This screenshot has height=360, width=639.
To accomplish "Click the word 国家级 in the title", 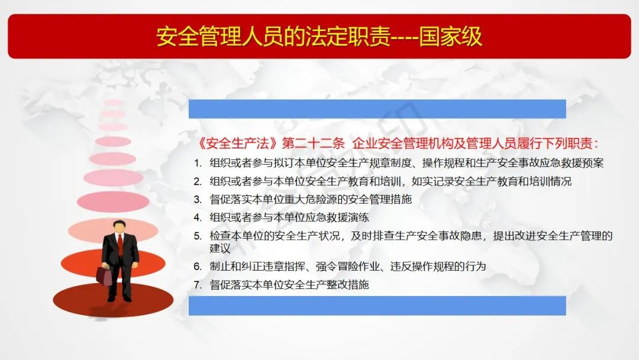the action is click(x=451, y=37).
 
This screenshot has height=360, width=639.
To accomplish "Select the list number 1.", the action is click(x=198, y=163).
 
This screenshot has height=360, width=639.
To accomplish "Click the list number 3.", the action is click(x=198, y=200).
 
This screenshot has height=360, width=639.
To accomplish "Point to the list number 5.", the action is click(x=198, y=236).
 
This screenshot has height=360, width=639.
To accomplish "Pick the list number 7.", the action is click(x=198, y=285).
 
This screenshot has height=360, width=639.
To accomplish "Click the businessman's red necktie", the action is click(x=120, y=244).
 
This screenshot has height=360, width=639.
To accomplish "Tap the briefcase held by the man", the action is click(x=104, y=275).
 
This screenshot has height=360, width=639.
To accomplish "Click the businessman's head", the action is click(x=119, y=227).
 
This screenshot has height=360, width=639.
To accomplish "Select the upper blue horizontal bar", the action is click(x=377, y=109).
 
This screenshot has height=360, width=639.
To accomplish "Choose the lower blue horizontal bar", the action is click(x=377, y=306).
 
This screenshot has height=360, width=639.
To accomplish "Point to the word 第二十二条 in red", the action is click(x=314, y=143).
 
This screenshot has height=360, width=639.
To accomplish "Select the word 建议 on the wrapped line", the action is click(x=220, y=248).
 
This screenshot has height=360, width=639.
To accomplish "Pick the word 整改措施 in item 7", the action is click(x=348, y=285).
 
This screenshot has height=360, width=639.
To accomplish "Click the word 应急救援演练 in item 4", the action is click(x=337, y=218).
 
